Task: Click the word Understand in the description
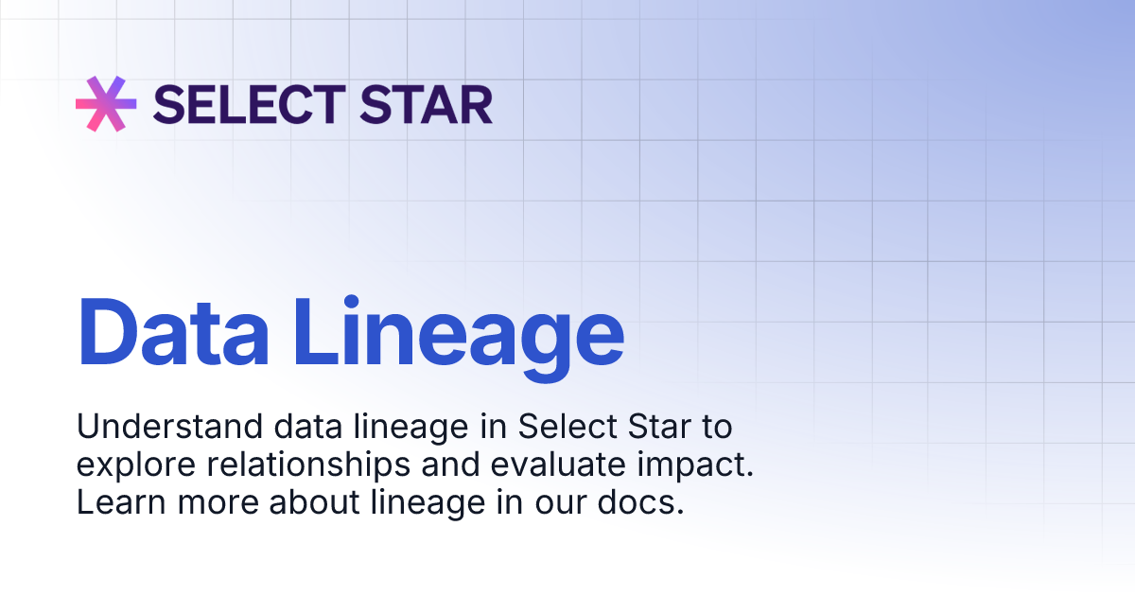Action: (157, 428)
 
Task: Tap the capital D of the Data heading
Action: (104, 332)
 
